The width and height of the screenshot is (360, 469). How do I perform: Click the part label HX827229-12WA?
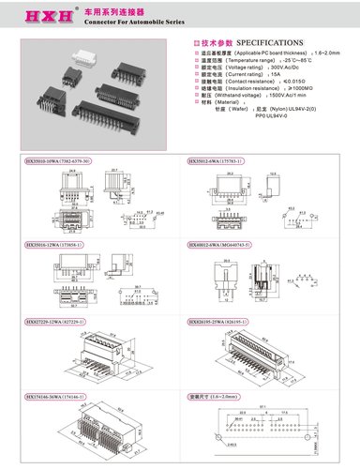coord(57,320)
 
